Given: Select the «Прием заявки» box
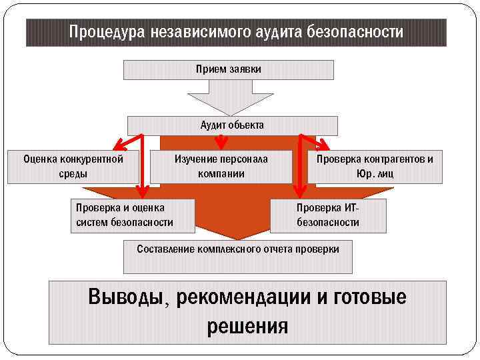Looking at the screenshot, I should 229,69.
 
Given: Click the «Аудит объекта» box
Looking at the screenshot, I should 232,125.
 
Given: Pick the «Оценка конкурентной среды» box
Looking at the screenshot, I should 73,166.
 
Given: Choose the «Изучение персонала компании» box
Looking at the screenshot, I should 221,166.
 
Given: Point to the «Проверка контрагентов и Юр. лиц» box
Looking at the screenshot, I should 374,166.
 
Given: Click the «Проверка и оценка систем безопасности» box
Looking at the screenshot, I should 132,215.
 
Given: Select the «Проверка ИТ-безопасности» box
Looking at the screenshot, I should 327,215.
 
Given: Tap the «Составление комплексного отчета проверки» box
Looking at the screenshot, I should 237,256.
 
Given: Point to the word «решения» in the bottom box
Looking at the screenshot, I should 247,326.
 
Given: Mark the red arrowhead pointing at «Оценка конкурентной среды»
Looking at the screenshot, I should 118,145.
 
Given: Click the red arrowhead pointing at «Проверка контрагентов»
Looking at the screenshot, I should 323,145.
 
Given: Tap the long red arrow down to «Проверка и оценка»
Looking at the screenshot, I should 141,167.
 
